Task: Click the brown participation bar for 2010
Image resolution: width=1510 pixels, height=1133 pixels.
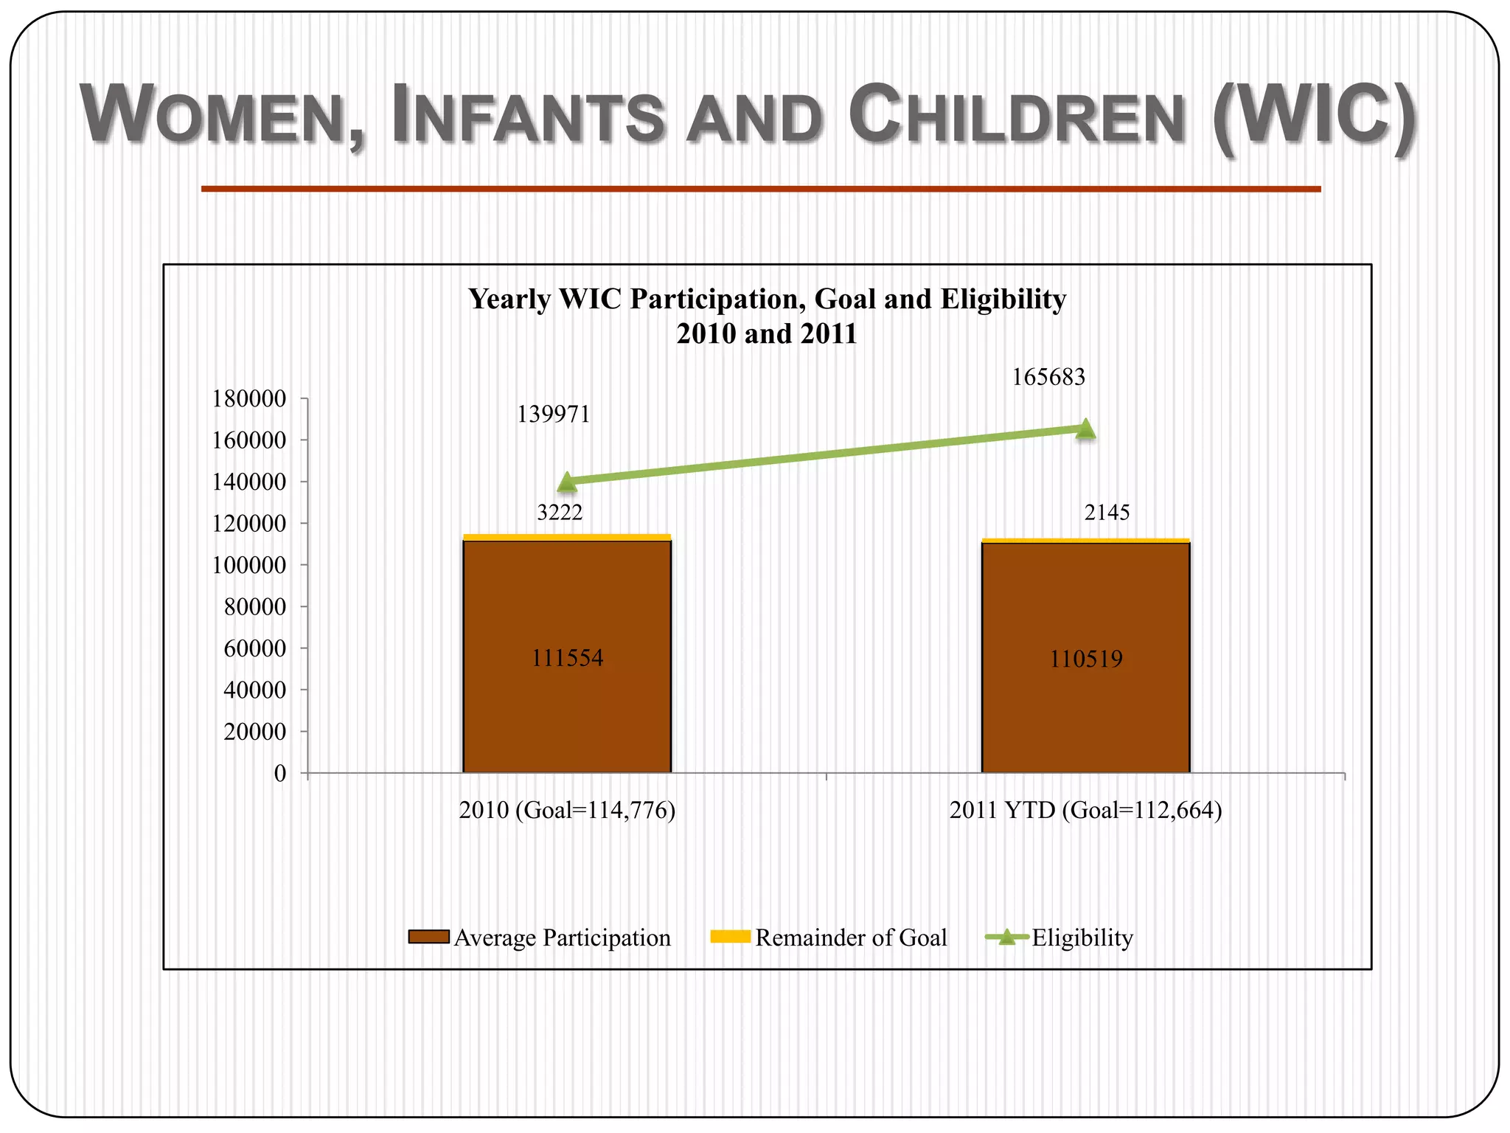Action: pyautogui.click(x=567, y=708)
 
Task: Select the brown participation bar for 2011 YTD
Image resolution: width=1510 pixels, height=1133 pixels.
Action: pyautogui.click(x=1085, y=708)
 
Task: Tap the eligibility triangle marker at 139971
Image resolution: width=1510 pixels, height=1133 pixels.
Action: pyautogui.click(x=567, y=482)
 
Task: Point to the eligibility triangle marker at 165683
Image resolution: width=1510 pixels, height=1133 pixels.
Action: pyautogui.click(x=1085, y=429)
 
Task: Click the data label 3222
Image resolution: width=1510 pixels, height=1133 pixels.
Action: pyautogui.click(x=560, y=512)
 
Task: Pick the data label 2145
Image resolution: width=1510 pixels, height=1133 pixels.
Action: pyautogui.click(x=1107, y=512)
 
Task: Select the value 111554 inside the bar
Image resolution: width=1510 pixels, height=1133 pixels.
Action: pyautogui.click(x=567, y=657)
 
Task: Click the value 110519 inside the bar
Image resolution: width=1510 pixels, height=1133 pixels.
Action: pyautogui.click(x=1085, y=658)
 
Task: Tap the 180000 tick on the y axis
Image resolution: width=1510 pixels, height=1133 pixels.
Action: pyautogui.click(x=249, y=398)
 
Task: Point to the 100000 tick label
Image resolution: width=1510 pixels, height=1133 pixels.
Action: pyautogui.click(x=249, y=565)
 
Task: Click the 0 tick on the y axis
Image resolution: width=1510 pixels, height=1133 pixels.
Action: pyautogui.click(x=280, y=773)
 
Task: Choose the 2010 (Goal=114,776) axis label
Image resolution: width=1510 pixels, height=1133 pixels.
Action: pyautogui.click(x=567, y=810)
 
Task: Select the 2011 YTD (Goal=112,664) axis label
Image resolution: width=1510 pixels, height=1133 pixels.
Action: pyautogui.click(x=1085, y=810)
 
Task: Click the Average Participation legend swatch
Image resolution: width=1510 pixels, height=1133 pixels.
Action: pyautogui.click(x=428, y=937)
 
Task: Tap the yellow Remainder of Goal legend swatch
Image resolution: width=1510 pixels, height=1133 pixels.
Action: pyautogui.click(x=730, y=937)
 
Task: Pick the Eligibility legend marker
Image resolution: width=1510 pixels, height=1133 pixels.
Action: pyautogui.click(x=1006, y=938)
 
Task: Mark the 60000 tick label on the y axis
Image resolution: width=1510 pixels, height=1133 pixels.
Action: pyautogui.click(x=255, y=648)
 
